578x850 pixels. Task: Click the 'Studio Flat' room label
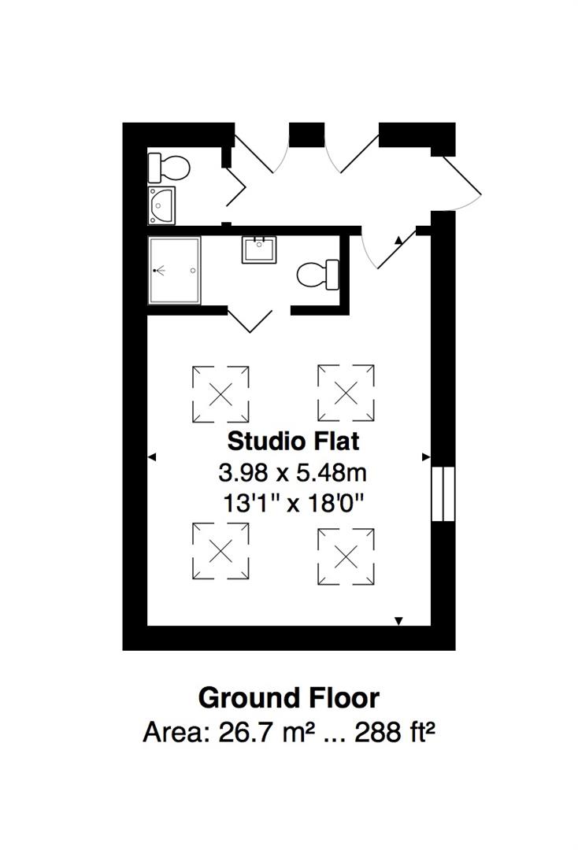[x=293, y=441]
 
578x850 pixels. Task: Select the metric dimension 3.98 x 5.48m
[x=293, y=473]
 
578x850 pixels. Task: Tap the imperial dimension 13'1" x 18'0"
[x=293, y=503]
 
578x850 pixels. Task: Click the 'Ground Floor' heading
[x=288, y=697]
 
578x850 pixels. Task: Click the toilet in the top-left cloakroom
[x=169, y=167]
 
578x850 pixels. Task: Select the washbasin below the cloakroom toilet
[x=162, y=205]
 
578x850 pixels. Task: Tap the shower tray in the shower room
[x=175, y=270]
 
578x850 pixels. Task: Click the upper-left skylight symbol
[x=220, y=392]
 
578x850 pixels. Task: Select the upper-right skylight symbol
[x=346, y=392]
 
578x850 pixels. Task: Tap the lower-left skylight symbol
[x=220, y=552]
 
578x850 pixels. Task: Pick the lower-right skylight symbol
[x=346, y=556]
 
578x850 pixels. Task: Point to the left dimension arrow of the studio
[x=152, y=456]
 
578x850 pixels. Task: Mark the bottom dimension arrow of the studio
[x=398, y=622]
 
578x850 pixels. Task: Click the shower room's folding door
[x=250, y=320]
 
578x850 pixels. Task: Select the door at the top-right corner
[x=461, y=179]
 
